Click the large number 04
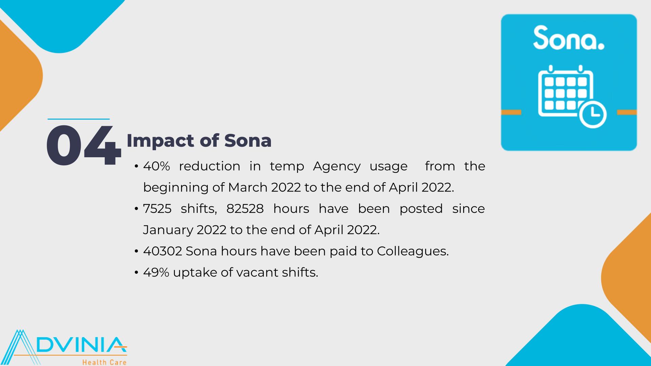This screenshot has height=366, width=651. [84, 145]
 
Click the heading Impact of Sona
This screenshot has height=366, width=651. [199, 141]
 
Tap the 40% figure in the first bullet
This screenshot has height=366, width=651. [156, 166]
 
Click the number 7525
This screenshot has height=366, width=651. [157, 209]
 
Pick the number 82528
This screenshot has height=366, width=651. [245, 209]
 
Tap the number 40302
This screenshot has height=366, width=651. [163, 251]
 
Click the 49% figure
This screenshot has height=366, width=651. [156, 272]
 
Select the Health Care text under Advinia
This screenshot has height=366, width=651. [104, 362]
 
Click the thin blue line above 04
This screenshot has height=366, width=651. [79, 119]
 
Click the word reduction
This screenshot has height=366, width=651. [210, 166]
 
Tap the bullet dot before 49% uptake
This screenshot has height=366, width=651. [136, 272]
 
